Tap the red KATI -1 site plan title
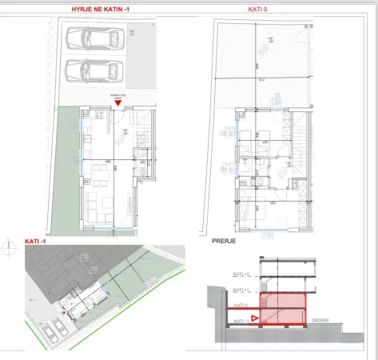tap(36, 241)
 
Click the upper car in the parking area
tap(95, 39)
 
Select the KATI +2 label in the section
tap(241, 274)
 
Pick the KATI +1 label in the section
tap(241, 290)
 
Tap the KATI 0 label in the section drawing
tap(241, 305)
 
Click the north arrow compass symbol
tap(8, 246)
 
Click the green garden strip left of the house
tap(66, 168)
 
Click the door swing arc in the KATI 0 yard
tap(307, 26)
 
